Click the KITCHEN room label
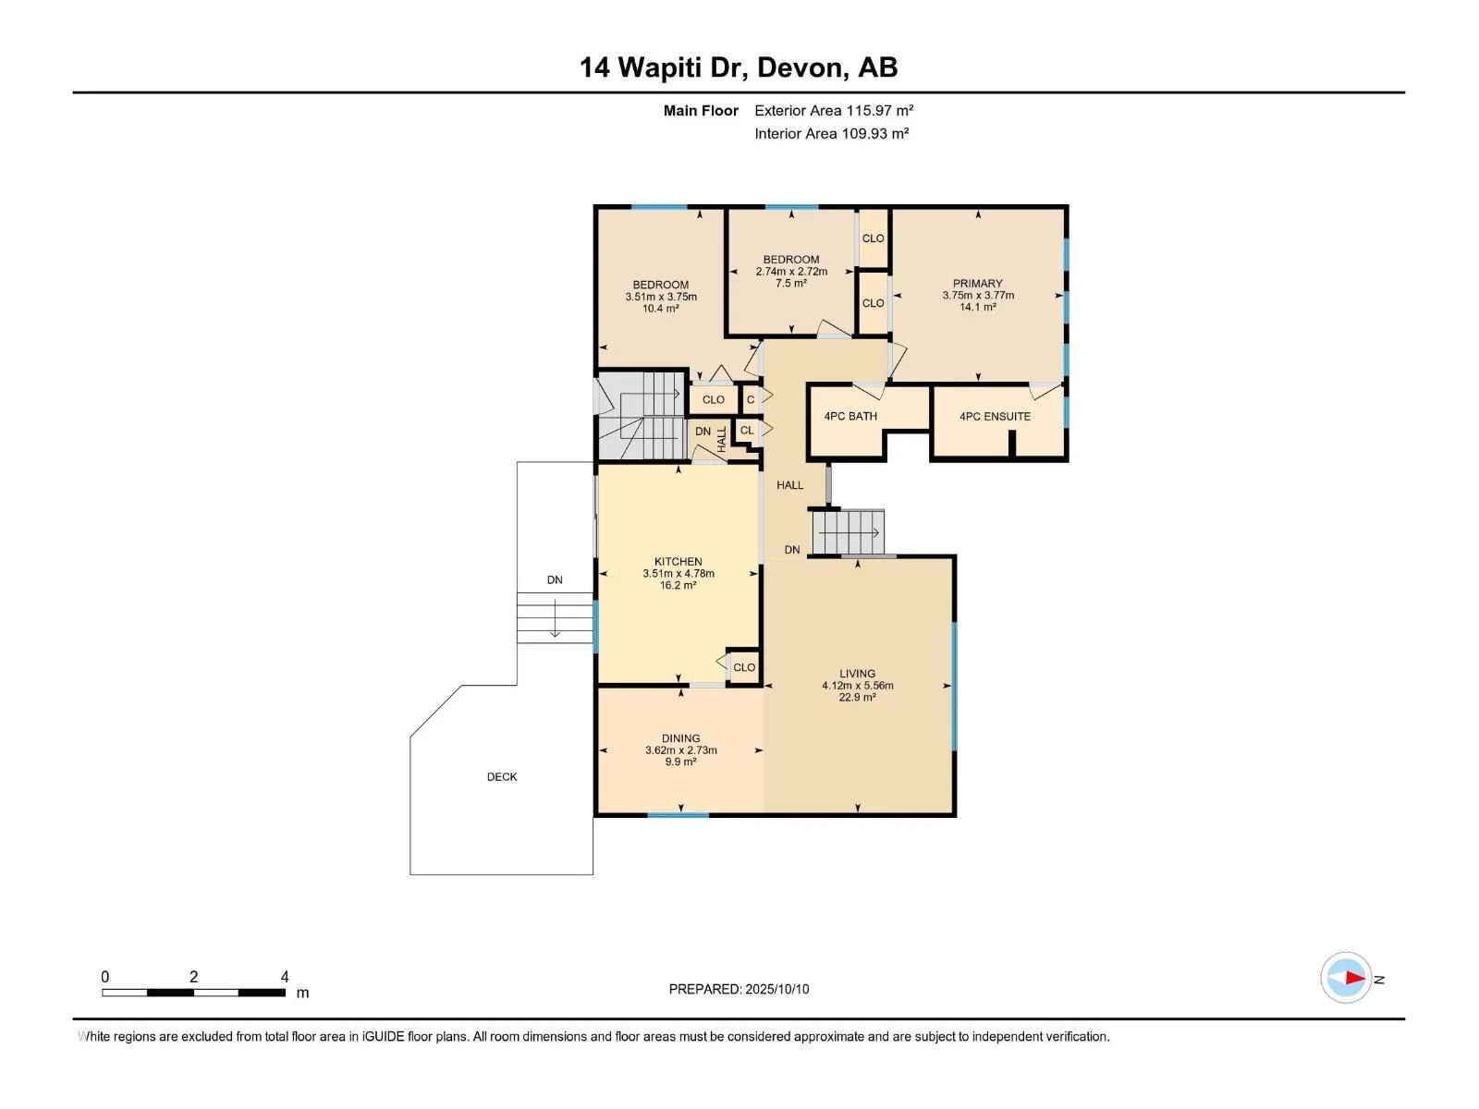678,562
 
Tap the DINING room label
680,738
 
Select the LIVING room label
857,674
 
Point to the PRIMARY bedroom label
977,284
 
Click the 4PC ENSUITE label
995,417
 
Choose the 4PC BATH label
850,417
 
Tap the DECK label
502,777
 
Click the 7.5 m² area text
791,284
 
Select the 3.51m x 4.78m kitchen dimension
678,574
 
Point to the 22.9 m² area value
857,698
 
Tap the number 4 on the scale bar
285,976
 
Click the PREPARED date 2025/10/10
776,989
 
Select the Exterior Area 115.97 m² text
834,110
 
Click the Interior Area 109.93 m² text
831,133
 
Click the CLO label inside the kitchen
744,668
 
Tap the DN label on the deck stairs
555,579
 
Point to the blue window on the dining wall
678,815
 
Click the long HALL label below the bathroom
789,485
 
